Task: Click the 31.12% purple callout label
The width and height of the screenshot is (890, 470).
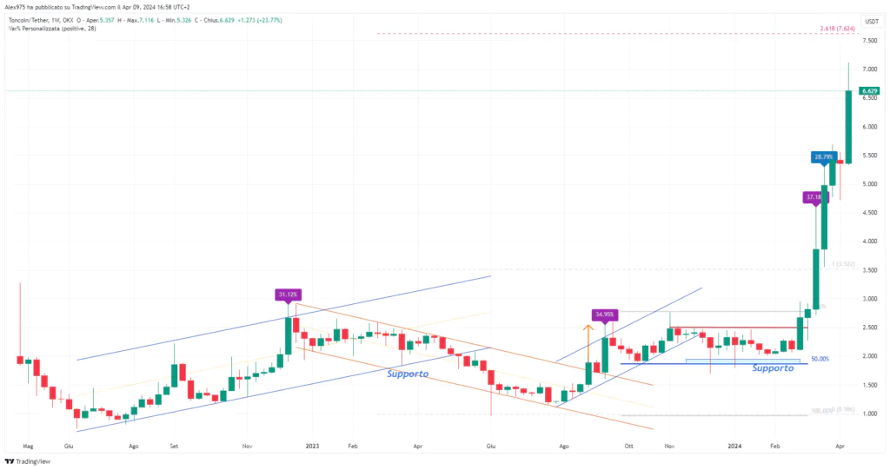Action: coord(286,295)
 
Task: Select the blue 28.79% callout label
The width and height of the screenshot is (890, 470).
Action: coord(822,157)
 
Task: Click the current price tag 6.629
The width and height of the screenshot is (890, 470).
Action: coord(867,90)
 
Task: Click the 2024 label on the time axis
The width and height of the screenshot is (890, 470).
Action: coord(734,445)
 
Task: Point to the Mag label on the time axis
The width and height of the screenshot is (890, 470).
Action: coord(27,445)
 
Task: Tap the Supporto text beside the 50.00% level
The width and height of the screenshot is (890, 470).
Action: coord(773,368)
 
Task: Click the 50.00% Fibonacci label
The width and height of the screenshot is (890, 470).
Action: coord(820,359)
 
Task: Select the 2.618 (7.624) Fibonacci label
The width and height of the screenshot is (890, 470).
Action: coord(837,29)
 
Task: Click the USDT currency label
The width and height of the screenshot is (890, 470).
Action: coord(870,21)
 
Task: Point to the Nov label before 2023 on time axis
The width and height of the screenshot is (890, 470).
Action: coord(248,445)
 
